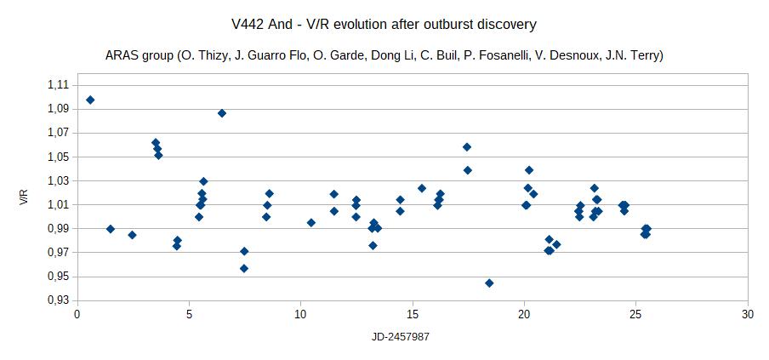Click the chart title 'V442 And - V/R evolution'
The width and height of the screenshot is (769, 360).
point(384,25)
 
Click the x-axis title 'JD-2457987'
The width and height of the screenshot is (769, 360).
point(400,336)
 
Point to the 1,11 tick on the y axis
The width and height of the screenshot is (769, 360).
point(58,85)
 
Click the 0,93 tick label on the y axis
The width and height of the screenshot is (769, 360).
point(58,300)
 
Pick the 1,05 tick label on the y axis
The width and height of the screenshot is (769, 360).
point(58,157)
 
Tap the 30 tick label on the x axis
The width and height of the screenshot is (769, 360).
point(748,314)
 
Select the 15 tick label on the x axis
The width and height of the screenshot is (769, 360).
point(412,314)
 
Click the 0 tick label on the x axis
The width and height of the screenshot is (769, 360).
point(77,314)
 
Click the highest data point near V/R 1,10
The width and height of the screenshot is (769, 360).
point(90,100)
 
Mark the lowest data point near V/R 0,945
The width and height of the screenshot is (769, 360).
point(489,283)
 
